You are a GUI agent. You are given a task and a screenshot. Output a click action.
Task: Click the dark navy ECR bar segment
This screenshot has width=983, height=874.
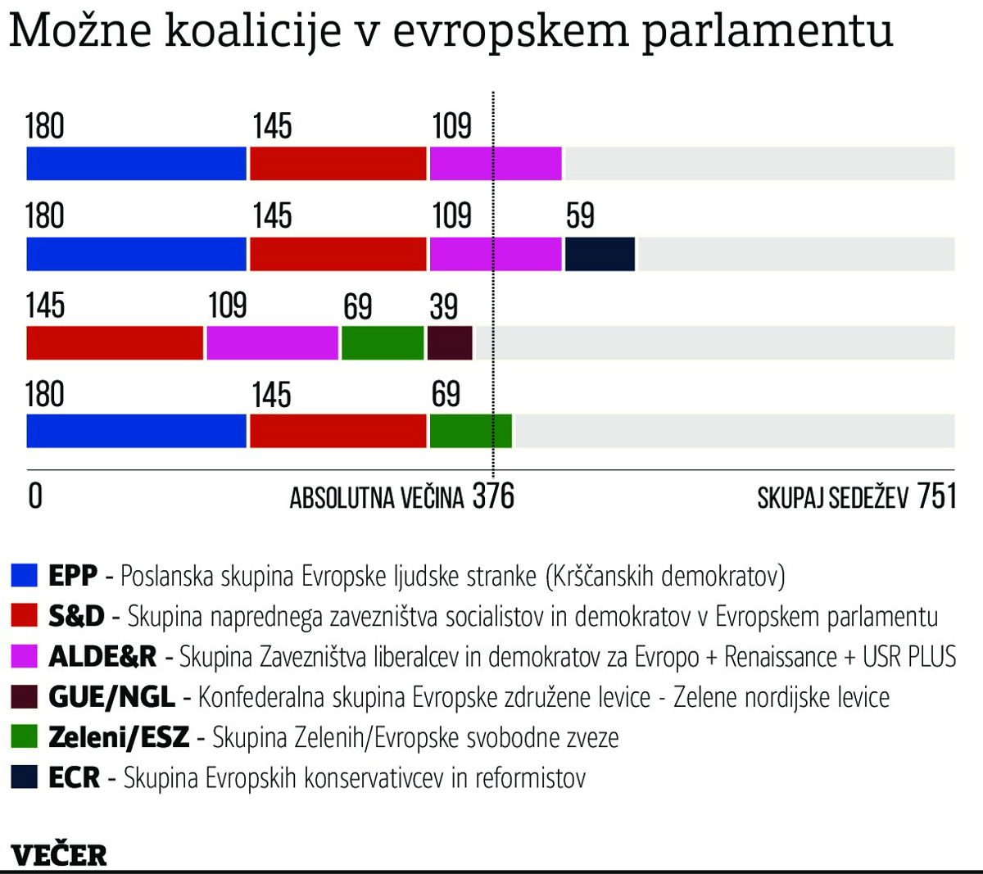click(x=600, y=254)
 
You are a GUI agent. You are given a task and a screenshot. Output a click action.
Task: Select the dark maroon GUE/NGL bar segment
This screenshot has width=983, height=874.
click(x=450, y=343)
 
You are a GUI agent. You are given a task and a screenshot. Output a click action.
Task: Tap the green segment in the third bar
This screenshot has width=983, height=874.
click(x=382, y=343)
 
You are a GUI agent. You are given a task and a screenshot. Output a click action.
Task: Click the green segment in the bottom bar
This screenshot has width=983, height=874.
click(x=470, y=432)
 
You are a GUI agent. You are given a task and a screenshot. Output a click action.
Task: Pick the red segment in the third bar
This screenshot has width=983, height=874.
click(x=115, y=343)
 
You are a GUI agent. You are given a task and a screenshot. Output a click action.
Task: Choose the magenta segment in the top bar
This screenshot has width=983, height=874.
click(x=496, y=164)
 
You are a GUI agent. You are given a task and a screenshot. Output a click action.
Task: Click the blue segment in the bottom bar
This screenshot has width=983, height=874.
click(x=136, y=432)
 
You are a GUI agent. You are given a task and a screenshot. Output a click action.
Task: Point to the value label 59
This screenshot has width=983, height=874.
click(x=580, y=216)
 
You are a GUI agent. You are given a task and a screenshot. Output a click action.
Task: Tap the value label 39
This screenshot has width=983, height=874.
click(x=444, y=306)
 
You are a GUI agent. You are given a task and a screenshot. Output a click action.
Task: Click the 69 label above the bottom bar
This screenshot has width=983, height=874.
click(x=446, y=395)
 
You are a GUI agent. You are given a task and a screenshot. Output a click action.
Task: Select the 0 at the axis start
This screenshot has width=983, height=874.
click(x=35, y=496)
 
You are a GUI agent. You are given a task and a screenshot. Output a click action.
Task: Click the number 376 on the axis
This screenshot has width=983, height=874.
click(x=493, y=496)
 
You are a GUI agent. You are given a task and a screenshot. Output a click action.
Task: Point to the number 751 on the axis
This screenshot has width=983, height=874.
click(x=936, y=496)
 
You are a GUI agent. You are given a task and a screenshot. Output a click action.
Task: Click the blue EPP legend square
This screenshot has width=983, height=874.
click(x=25, y=576)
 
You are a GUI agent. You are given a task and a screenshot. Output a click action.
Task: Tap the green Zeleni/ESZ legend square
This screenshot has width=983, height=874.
click(x=25, y=737)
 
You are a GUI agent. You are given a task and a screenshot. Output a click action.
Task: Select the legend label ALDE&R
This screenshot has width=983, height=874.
click(x=102, y=657)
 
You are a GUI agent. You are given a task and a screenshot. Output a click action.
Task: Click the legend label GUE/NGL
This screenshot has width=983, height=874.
click(x=111, y=697)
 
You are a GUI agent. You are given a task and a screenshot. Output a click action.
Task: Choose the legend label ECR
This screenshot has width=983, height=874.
click(x=74, y=777)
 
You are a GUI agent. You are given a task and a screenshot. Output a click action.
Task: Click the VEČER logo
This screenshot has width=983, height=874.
click(x=59, y=854)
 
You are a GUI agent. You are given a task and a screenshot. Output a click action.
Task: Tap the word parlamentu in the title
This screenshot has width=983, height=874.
click(x=767, y=31)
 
